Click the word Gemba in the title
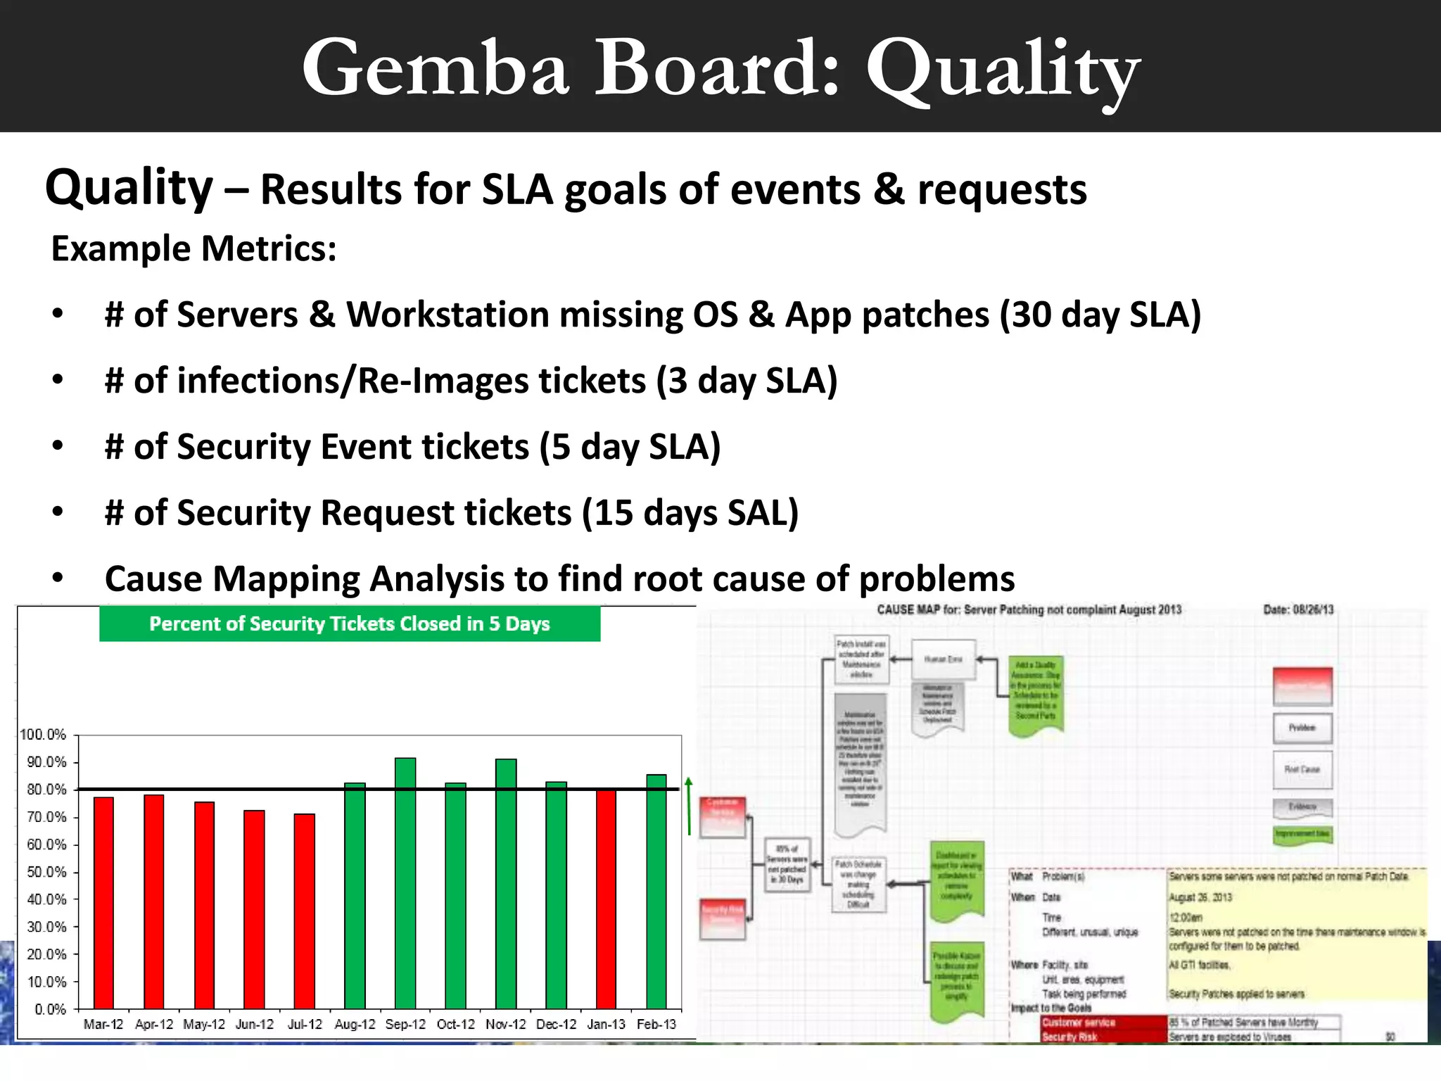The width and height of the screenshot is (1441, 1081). pyautogui.click(x=435, y=68)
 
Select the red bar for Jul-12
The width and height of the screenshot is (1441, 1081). pyautogui.click(x=305, y=911)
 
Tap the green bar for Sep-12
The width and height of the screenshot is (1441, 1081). pyautogui.click(x=405, y=883)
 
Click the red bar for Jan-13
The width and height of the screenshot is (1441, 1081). pyautogui.click(x=606, y=899)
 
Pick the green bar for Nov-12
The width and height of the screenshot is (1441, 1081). pyautogui.click(x=506, y=883)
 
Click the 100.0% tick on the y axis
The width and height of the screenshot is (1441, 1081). pyautogui.click(x=43, y=735)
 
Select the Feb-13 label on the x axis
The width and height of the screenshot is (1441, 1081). pyautogui.click(x=656, y=1024)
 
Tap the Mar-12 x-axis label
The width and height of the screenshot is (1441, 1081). pyautogui.click(x=103, y=1024)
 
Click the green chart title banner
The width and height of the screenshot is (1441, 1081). pyautogui.click(x=350, y=624)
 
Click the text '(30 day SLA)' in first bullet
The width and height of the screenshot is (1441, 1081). pyautogui.click(x=1100, y=315)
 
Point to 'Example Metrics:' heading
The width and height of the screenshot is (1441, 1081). pyautogui.click(x=194, y=248)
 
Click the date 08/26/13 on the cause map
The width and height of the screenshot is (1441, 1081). pyautogui.click(x=1313, y=609)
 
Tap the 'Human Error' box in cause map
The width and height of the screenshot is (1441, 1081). pyautogui.click(x=944, y=659)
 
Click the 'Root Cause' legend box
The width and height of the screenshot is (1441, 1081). pyautogui.click(x=1302, y=769)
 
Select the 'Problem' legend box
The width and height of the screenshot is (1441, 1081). pyautogui.click(x=1302, y=728)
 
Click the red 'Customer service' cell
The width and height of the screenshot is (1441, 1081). pyautogui.click(x=1079, y=1022)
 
